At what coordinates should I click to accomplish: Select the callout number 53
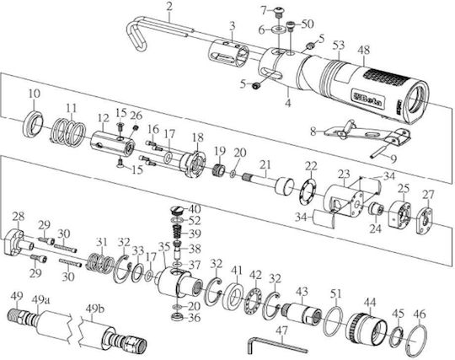[339, 45]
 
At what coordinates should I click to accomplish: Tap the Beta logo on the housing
[368, 99]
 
